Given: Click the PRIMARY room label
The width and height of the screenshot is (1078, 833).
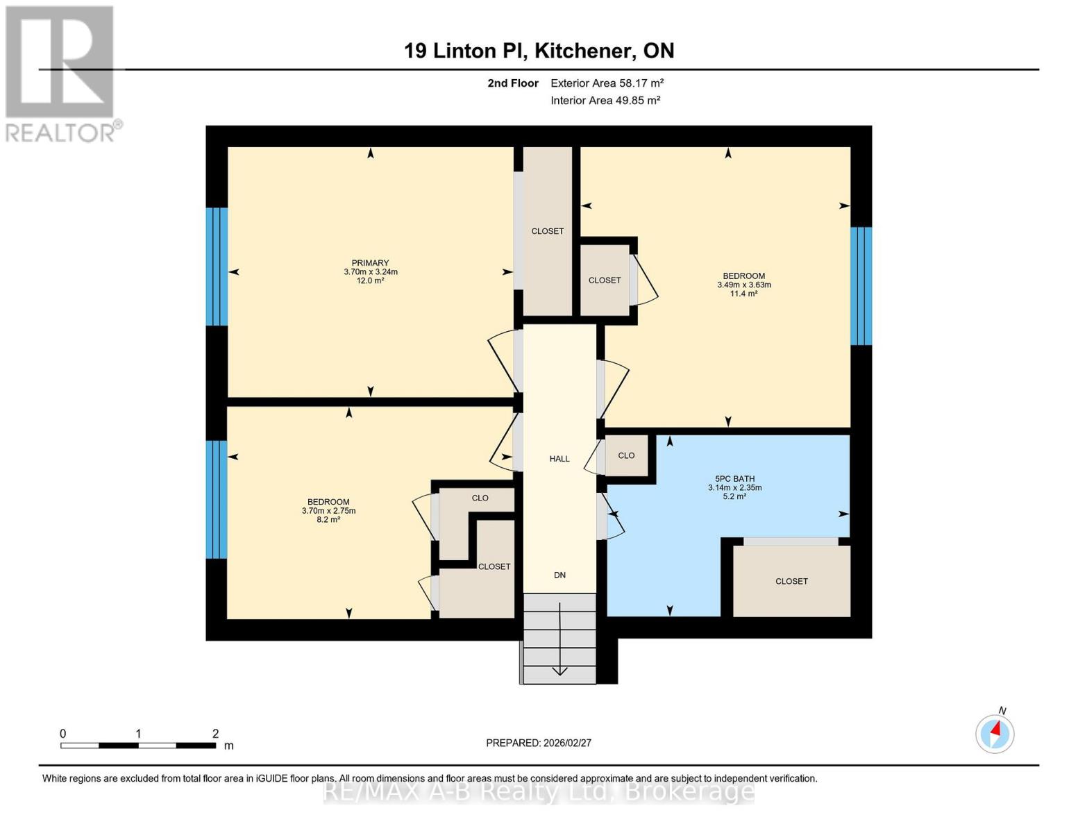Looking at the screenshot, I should [370, 263].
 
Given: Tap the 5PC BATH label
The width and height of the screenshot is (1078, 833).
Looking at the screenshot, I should [734, 478].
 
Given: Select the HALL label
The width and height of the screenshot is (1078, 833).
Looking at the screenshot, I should [559, 459].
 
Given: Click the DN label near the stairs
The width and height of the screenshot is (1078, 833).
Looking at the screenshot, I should [559, 575].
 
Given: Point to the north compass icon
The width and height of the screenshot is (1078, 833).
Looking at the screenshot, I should [995, 733].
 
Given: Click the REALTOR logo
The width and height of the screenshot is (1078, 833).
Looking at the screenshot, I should [61, 74].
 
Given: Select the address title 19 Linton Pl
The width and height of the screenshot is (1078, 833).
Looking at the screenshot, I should [539, 51].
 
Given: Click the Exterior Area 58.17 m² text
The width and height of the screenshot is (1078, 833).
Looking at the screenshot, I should [607, 83].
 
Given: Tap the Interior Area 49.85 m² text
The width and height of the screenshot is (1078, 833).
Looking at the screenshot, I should [605, 101].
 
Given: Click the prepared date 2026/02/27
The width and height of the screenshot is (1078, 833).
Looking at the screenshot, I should [539, 743].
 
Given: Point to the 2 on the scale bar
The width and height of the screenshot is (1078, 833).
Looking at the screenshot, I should [215, 734].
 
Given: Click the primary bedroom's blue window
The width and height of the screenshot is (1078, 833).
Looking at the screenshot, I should [217, 267].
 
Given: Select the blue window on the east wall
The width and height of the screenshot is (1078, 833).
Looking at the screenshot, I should [861, 286].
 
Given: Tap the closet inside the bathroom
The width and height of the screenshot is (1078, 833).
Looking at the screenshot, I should [791, 581].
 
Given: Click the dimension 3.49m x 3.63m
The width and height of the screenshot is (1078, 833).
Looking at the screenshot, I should [744, 285].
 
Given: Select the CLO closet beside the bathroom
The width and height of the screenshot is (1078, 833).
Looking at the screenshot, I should [626, 455].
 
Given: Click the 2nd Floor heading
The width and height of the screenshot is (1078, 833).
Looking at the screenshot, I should [513, 83].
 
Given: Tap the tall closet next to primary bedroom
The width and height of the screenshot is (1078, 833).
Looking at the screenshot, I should [547, 231].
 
